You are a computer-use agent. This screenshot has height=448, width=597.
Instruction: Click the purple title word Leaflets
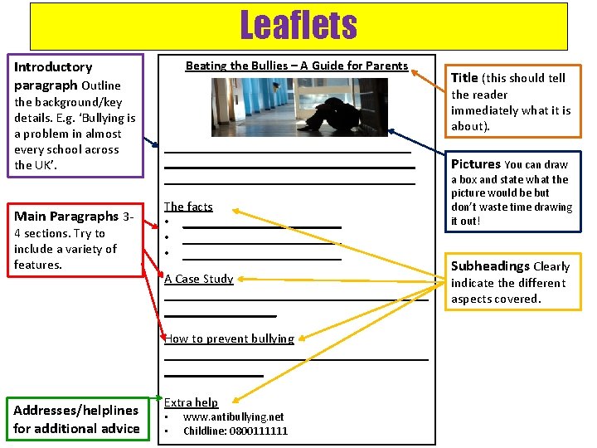point(298,26)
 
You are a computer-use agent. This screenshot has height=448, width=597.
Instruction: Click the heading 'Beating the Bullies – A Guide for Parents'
point(297,66)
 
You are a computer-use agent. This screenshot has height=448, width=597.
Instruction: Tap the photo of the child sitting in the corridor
point(299,107)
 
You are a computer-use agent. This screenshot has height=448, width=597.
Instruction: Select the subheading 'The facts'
point(188,207)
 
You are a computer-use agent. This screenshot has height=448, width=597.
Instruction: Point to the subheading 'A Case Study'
point(199,279)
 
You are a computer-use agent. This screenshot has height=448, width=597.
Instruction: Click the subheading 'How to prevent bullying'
point(229,338)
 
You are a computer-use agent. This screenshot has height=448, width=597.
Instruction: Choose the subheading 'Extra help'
point(191,402)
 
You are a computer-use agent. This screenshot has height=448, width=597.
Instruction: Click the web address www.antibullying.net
point(233,417)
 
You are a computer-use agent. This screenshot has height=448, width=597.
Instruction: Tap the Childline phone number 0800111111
point(259,431)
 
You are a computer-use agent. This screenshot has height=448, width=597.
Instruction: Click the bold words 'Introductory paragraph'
point(53,75)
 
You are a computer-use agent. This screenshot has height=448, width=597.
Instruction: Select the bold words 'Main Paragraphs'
point(66,217)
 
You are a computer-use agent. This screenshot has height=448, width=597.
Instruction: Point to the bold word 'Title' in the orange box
point(464,78)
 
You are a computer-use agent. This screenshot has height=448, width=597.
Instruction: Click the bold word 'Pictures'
point(475,164)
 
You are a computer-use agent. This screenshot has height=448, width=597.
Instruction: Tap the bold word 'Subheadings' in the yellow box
point(490,266)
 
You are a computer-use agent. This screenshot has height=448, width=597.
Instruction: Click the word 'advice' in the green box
point(121,428)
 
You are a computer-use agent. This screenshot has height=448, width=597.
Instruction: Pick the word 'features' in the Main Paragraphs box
point(37,265)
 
